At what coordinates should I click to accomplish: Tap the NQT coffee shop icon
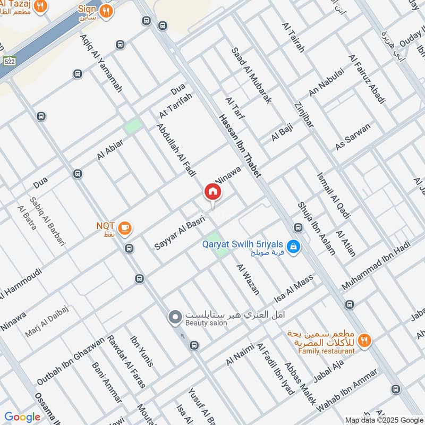point(125,228)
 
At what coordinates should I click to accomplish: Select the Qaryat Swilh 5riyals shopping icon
point(292,246)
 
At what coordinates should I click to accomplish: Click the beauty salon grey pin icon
point(174,318)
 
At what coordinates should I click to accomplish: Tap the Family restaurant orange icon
point(364,341)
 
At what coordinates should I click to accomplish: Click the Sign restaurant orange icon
point(106,11)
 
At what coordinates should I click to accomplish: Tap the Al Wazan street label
point(248,279)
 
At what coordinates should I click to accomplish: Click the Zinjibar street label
point(303,115)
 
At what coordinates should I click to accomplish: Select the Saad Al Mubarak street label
point(252,75)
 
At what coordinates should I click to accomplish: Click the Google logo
point(22,417)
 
